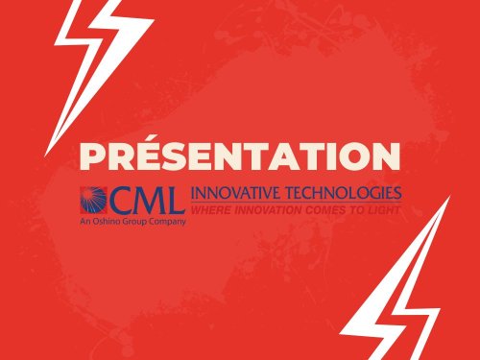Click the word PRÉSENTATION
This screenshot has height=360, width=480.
coord(240,156)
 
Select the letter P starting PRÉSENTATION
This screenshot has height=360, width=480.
coord(91,156)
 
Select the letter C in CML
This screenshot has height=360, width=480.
coord(126,200)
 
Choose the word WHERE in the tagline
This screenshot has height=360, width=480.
coord(209,206)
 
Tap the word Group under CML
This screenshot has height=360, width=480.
coord(135,221)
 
